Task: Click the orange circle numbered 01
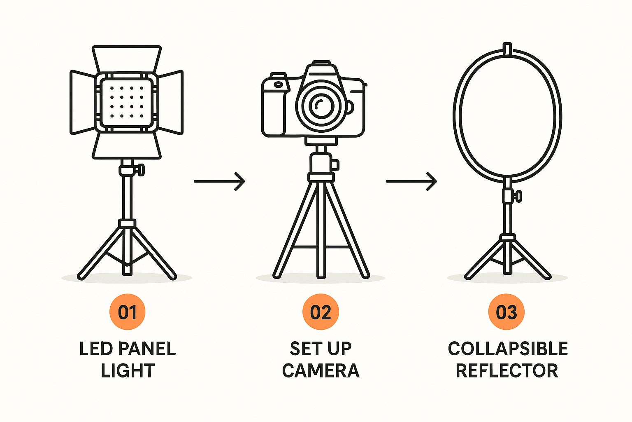127,312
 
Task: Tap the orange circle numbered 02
321,312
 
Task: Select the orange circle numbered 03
507,312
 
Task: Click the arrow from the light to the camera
219,181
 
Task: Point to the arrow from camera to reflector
411,181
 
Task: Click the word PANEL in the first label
147,349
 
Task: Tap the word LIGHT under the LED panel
128,370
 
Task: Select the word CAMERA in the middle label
321,370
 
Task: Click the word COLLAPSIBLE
508,349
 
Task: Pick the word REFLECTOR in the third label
507,370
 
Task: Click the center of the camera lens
322,105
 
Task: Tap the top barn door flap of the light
127,59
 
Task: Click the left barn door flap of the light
82,102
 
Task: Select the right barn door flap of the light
171,102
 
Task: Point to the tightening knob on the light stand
140,170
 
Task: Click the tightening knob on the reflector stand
518,196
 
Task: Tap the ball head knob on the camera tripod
335,164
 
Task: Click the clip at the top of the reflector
507,49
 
